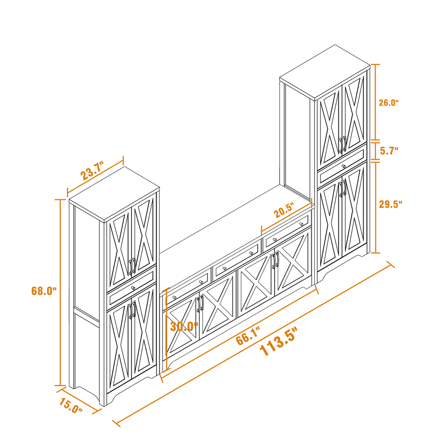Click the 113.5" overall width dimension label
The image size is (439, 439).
point(278,345)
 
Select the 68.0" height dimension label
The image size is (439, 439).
point(44,291)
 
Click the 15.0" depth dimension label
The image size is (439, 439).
point(71,406)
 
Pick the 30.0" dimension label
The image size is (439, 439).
point(184,326)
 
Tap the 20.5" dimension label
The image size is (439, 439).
point(284,211)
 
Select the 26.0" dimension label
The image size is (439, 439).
point(388,102)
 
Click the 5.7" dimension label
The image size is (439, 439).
point(389,150)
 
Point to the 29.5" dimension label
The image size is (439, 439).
point(391,204)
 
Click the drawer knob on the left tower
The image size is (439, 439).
point(133,287)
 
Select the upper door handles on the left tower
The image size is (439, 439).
point(132,266)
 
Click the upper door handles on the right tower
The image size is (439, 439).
point(343,144)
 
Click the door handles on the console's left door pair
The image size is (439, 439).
point(200,304)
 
